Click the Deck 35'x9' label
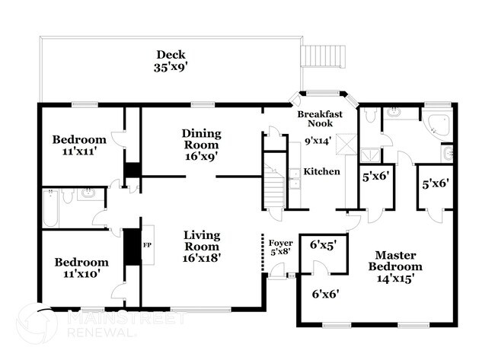[x=171, y=61]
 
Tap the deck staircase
[x=323, y=56]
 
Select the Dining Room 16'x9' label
[x=201, y=145]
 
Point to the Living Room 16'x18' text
[x=202, y=247]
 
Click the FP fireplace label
[x=147, y=244]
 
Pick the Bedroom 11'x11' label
[x=79, y=145]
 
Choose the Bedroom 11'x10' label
[x=81, y=268]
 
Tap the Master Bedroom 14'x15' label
[x=395, y=266]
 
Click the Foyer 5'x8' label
[x=281, y=247]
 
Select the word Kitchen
[x=321, y=172]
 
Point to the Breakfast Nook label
[x=320, y=119]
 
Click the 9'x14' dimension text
[x=318, y=141]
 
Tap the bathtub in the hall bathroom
[x=51, y=209]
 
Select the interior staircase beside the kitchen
[x=274, y=186]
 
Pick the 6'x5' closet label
[x=321, y=245]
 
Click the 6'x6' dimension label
[x=325, y=294]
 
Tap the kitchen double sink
[x=295, y=179]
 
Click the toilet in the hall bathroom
[x=68, y=196]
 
